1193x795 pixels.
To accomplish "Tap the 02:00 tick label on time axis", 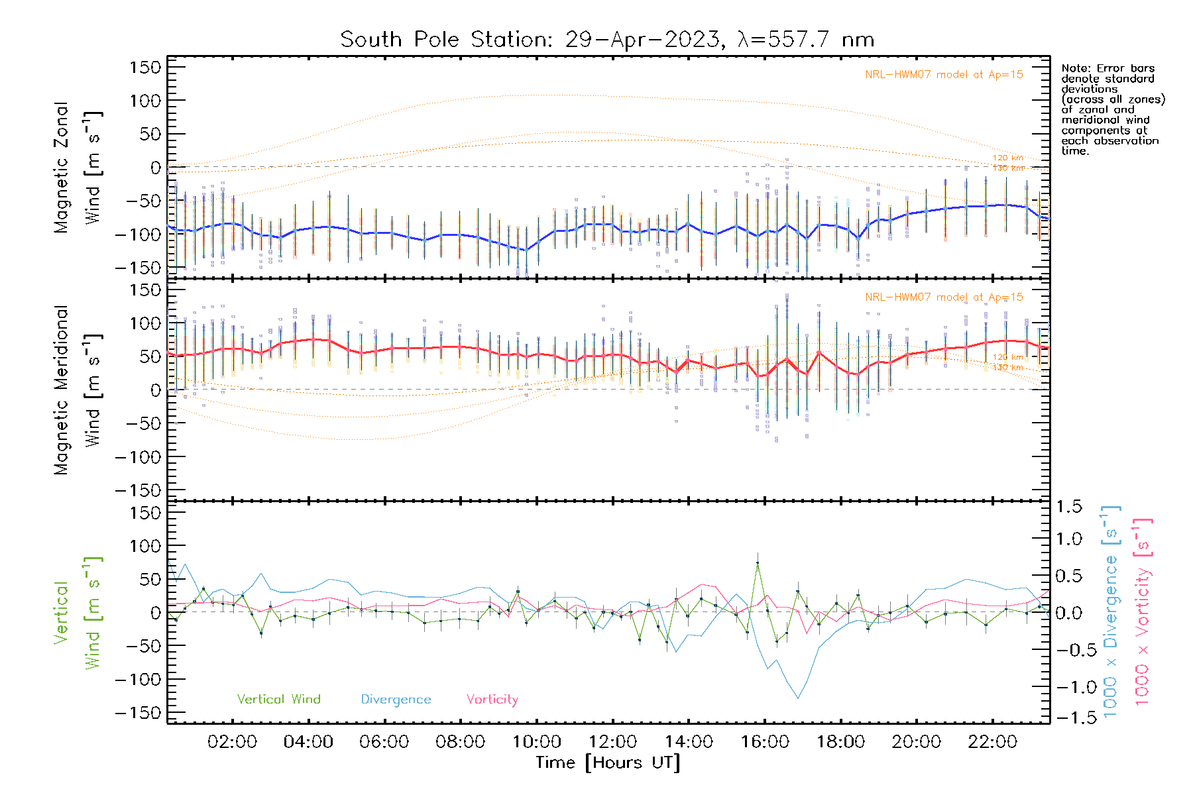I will [232, 742].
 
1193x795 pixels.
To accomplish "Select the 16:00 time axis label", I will [765, 742].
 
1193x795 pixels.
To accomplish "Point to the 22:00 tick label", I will [992, 742].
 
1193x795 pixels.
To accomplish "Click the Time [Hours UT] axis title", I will [608, 763].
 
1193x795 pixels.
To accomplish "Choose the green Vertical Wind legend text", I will [278, 700].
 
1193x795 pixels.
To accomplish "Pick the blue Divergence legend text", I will [396, 700].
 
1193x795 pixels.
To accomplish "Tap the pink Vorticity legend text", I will [492, 700].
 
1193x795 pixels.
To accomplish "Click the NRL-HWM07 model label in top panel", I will [944, 75].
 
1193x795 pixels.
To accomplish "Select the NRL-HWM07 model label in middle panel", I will [944, 297].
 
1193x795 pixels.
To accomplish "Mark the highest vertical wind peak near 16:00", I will [758, 563].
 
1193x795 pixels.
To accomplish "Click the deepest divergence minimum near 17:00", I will [798, 698].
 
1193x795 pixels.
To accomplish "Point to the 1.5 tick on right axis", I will [1069, 507].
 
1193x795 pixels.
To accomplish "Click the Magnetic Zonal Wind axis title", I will [78, 168].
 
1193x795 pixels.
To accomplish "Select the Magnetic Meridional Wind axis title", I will [78, 391].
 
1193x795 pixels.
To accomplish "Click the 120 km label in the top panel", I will [1007, 158].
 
